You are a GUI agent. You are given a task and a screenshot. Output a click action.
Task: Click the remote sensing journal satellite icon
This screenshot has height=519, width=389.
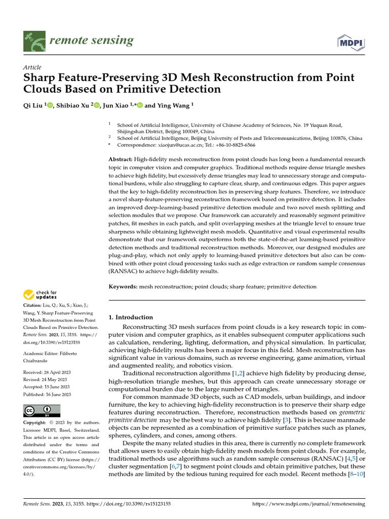(x=34, y=41)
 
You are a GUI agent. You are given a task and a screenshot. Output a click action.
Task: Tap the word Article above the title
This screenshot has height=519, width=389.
(x=32, y=67)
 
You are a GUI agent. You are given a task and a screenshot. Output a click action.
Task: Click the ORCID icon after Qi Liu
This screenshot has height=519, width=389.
(x=50, y=106)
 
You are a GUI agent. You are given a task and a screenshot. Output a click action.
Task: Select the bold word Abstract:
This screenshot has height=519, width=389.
(x=121, y=159)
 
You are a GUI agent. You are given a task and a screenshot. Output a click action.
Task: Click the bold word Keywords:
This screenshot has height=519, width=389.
(x=123, y=287)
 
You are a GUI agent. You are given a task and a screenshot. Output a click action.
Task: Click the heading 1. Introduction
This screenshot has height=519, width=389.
(x=131, y=317)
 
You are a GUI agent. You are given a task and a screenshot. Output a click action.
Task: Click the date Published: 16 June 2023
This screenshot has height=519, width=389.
(x=47, y=394)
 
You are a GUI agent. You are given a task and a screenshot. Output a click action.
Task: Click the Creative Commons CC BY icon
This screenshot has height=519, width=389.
(x=42, y=411)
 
